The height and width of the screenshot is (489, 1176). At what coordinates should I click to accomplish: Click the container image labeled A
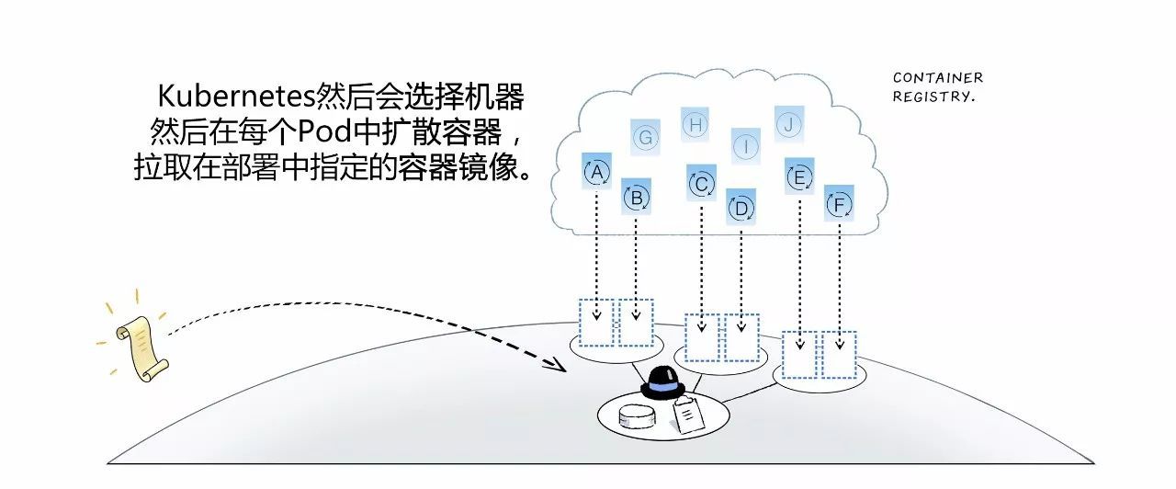pyautogui.click(x=597, y=172)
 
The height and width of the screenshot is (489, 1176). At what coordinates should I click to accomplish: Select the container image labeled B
pyautogui.click(x=636, y=197)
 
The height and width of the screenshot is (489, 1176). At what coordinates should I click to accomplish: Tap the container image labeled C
pyautogui.click(x=701, y=184)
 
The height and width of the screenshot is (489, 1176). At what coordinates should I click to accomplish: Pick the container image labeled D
pyautogui.click(x=741, y=208)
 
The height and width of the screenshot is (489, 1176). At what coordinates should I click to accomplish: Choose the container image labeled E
pyautogui.click(x=799, y=177)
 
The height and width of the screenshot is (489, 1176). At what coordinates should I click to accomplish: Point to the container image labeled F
pyautogui.click(x=838, y=204)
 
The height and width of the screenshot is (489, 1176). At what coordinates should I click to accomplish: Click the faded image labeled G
pyautogui.click(x=646, y=138)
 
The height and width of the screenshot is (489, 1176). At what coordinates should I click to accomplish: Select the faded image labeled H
pyautogui.click(x=695, y=124)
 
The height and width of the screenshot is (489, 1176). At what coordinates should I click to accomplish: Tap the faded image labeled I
pyautogui.click(x=746, y=145)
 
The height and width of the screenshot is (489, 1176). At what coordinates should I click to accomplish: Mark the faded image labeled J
pyautogui.click(x=788, y=124)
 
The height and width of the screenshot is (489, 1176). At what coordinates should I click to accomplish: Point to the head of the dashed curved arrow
pyautogui.click(x=558, y=365)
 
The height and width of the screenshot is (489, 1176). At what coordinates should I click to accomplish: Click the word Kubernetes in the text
pyautogui.click(x=235, y=97)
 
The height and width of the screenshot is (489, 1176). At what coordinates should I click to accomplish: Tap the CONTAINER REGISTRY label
pyautogui.click(x=936, y=87)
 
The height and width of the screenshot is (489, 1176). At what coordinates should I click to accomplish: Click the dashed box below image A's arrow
pyautogui.click(x=597, y=322)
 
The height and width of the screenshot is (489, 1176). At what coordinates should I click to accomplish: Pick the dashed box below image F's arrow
pyautogui.click(x=839, y=354)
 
